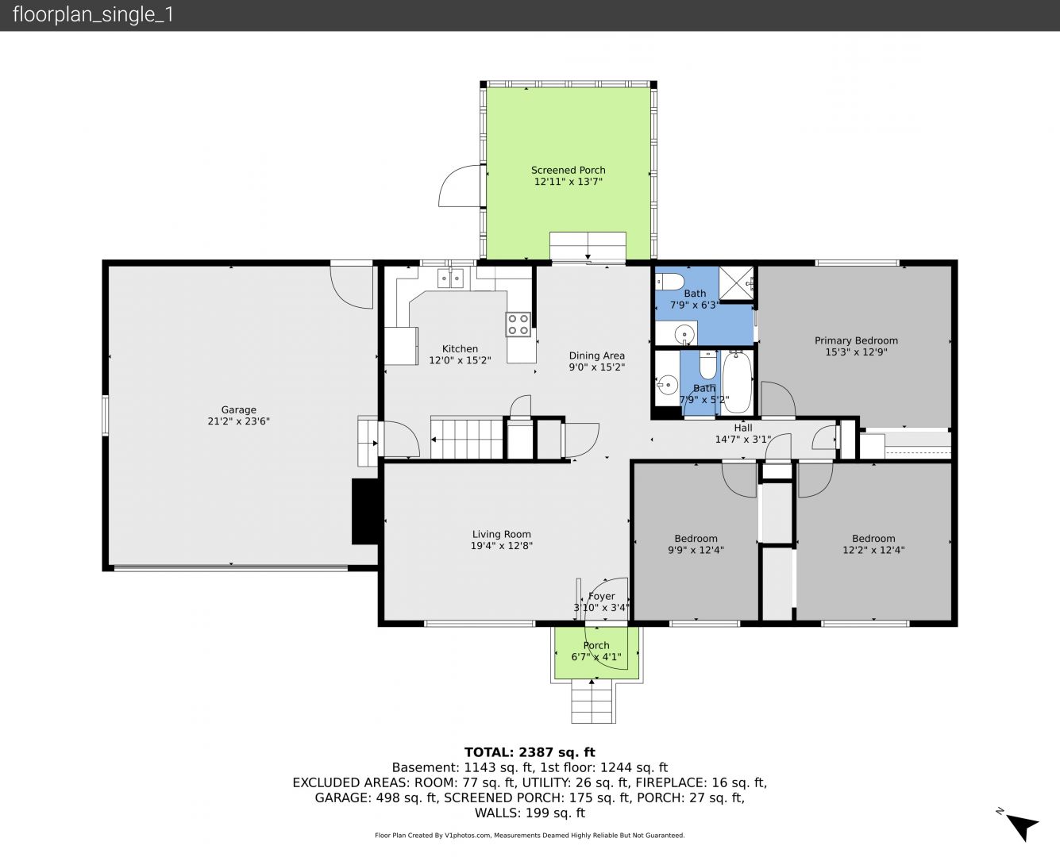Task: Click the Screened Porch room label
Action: (x=568, y=170)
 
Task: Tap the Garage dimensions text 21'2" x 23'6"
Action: (x=238, y=421)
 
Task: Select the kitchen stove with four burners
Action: (x=518, y=325)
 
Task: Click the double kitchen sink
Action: (x=450, y=278)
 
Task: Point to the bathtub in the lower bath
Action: (x=737, y=382)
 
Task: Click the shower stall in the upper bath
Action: (x=737, y=283)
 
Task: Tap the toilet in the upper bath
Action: (x=669, y=282)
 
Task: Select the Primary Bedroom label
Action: (x=856, y=340)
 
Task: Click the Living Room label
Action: (x=501, y=534)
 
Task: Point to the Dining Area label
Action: (x=596, y=355)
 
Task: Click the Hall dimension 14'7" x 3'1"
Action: (x=743, y=439)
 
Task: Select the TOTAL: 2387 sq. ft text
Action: (x=530, y=752)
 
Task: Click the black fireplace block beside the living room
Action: (x=366, y=511)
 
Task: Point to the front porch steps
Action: (x=592, y=701)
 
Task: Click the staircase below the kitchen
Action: (x=467, y=439)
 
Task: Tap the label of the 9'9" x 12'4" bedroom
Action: (x=696, y=539)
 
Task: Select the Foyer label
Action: (x=601, y=597)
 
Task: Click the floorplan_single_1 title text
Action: (x=93, y=15)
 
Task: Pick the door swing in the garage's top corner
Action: (x=351, y=287)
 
